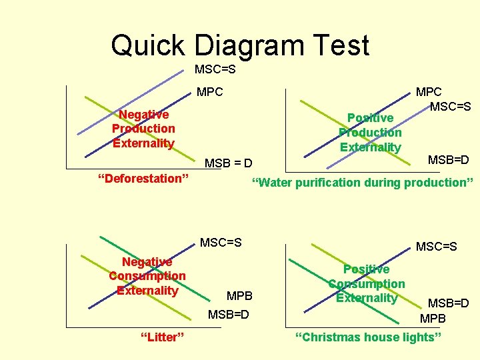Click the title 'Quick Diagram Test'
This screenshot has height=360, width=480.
240,45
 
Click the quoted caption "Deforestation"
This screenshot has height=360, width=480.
143,178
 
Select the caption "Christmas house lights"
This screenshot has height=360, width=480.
368,337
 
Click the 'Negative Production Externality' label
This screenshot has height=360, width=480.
143,129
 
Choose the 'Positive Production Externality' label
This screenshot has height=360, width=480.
370,133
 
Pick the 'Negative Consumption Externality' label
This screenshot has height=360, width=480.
147,276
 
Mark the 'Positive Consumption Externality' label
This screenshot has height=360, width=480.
366,283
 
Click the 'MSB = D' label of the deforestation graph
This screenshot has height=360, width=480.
228,163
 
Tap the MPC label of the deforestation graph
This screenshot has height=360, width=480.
210,92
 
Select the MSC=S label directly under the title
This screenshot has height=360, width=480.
215,69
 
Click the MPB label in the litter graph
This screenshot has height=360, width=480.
239,295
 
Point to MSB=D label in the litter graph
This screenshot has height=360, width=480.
228,313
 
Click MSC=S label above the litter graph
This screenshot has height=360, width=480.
221,242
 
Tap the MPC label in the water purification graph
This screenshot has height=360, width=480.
429,91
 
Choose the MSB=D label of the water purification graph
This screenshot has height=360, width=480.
448,159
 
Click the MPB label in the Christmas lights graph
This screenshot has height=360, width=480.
433,318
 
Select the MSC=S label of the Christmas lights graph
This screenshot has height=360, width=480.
437,247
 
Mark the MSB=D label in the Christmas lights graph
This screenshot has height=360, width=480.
448,303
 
